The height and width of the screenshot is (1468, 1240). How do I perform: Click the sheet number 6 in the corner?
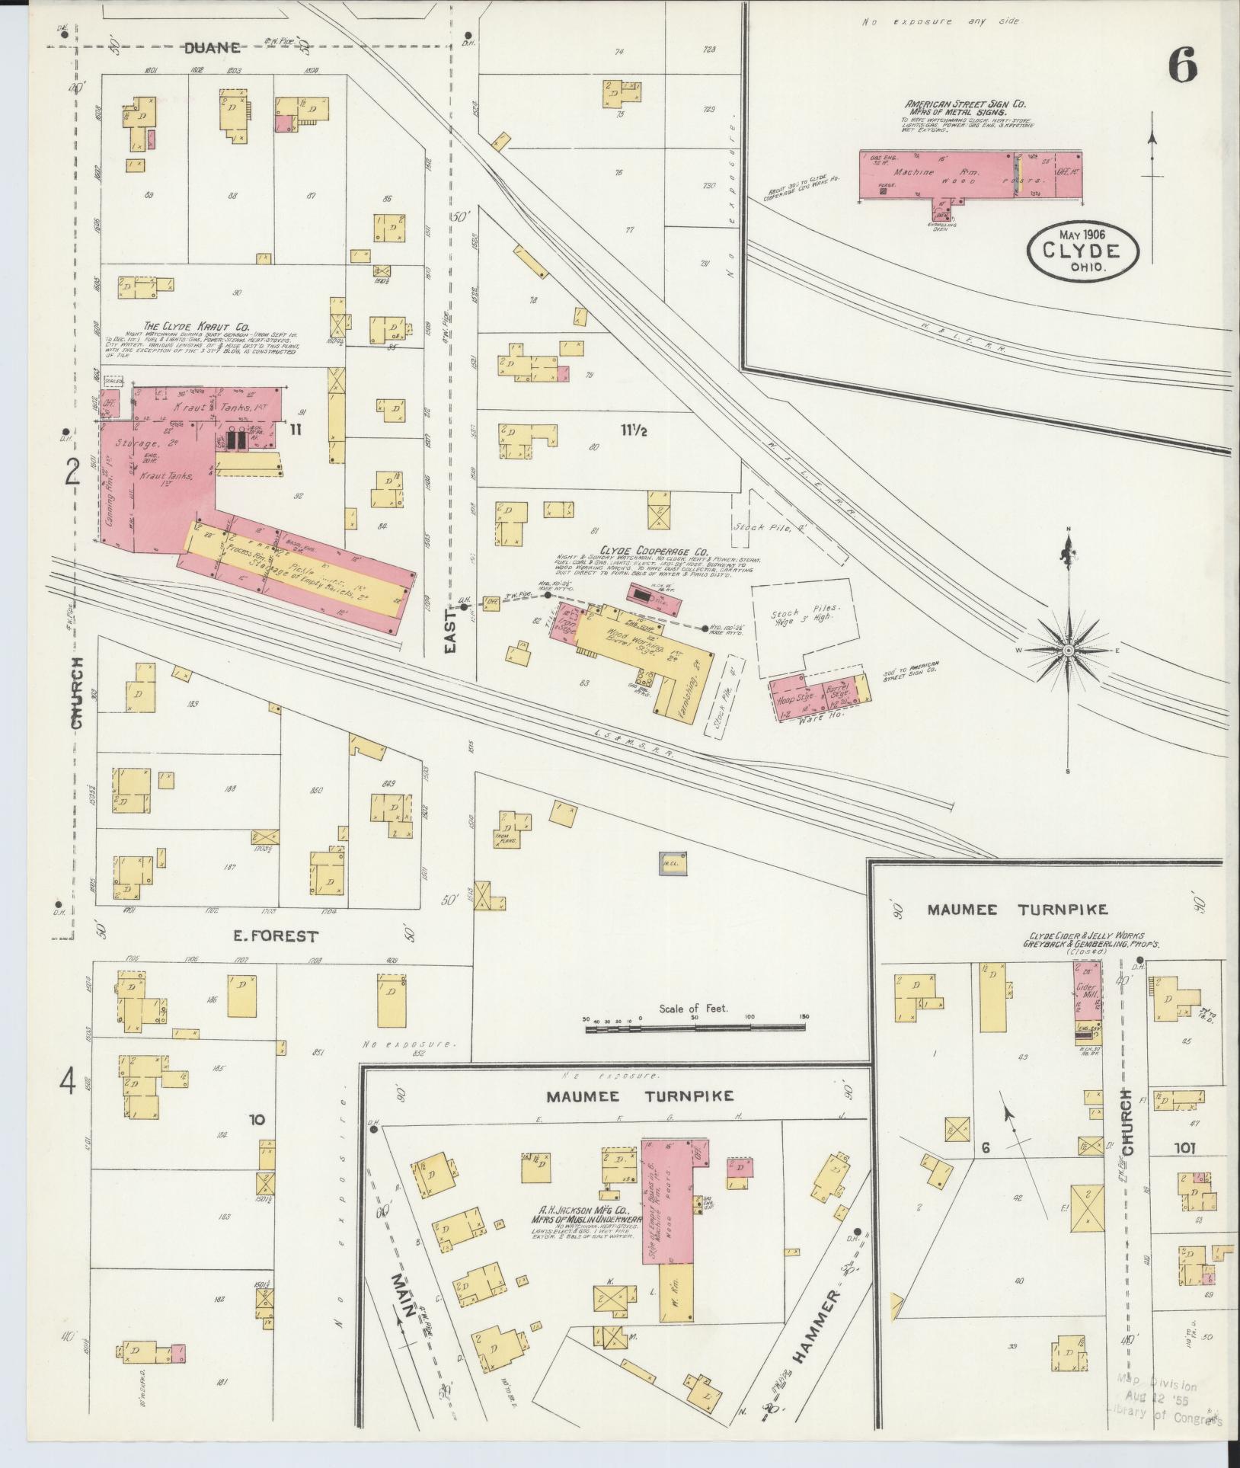[1182, 65]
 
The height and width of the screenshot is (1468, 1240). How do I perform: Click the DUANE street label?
[213, 48]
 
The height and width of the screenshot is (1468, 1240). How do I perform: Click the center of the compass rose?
[1068, 650]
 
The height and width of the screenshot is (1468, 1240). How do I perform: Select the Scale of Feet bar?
[695, 1028]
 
